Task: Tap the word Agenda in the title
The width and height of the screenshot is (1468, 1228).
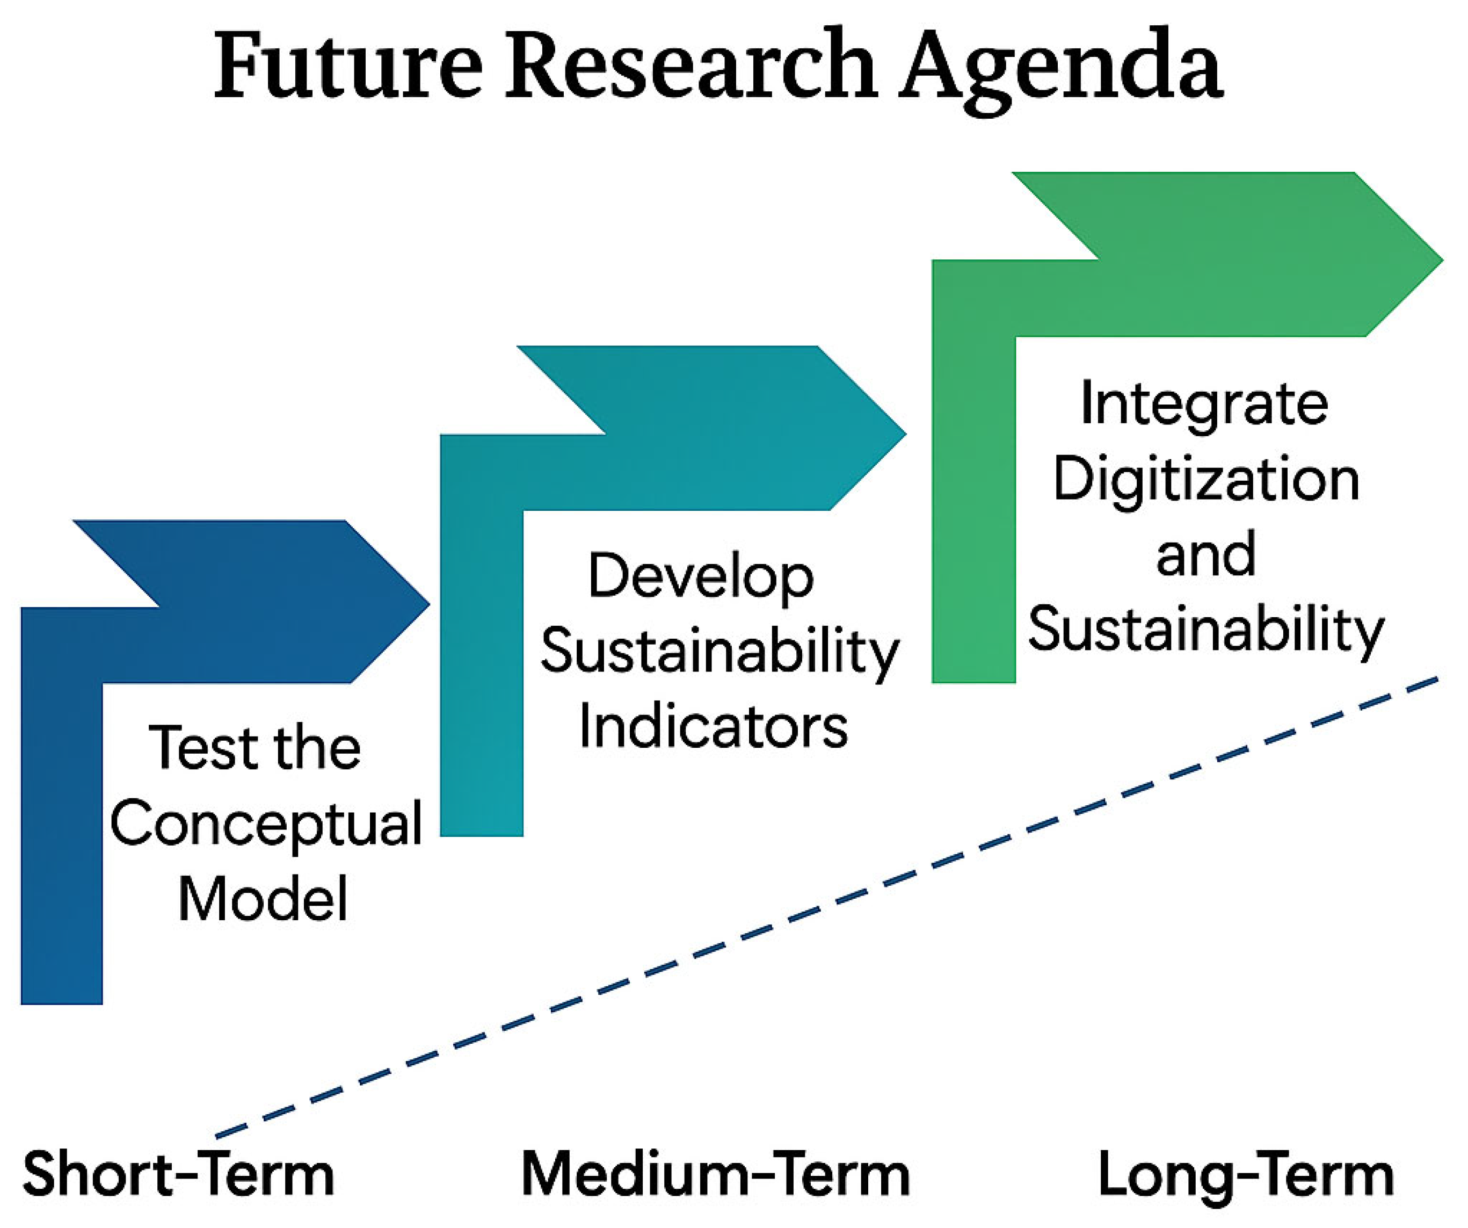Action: pos(1060,70)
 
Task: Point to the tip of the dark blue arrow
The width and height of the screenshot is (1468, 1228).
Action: pos(428,603)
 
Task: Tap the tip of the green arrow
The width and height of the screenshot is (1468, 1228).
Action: pos(1443,260)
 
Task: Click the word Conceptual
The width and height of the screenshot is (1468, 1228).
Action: pos(266,825)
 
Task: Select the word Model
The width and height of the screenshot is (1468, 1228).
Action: pos(263,899)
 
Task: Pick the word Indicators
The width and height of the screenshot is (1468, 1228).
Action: pos(714,727)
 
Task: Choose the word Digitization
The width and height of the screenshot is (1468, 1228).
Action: pos(1207,481)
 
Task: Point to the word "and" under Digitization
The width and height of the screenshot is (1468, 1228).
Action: pos(1207,553)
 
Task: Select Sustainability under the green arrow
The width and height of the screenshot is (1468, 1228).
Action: pos(1207,630)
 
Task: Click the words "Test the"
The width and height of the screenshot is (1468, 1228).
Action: pos(255,748)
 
